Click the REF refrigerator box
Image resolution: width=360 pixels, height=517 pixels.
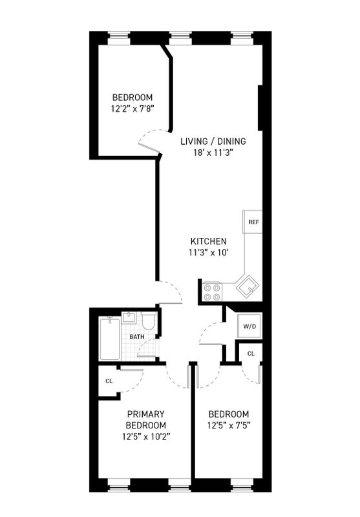pyautogui.click(x=253, y=222)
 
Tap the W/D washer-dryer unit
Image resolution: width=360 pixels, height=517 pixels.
pyautogui.click(x=249, y=327)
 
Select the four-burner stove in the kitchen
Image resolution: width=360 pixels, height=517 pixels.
pyautogui.click(x=212, y=292)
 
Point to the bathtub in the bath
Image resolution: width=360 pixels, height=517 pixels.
pyautogui.click(x=109, y=339)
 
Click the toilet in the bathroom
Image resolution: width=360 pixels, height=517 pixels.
pyautogui.click(x=149, y=321)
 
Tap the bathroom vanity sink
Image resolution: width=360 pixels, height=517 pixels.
pyautogui.click(x=129, y=317)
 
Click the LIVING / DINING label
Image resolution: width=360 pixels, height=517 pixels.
pyautogui.click(x=213, y=141)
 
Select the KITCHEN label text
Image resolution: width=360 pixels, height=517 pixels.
pyautogui.click(x=209, y=241)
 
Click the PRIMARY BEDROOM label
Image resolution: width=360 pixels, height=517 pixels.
pyautogui.click(x=146, y=419)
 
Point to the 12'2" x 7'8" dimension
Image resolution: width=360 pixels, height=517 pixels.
pyautogui.click(x=132, y=109)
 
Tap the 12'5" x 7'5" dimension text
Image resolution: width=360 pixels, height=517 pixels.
pyautogui.click(x=229, y=425)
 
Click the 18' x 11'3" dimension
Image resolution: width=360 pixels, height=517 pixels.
pyautogui.click(x=213, y=153)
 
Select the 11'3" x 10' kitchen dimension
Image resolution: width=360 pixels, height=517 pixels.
pyautogui.click(x=209, y=253)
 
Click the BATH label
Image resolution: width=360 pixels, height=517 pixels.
pyautogui.click(x=137, y=337)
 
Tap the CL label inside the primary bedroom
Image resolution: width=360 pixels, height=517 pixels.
pyautogui.click(x=109, y=381)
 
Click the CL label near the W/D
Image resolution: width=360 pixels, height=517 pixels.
pyautogui.click(x=251, y=353)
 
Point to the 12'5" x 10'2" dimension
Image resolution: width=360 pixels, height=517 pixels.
pyautogui.click(x=146, y=437)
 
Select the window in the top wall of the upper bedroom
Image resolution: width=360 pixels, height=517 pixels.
pyautogui.click(x=119, y=38)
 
